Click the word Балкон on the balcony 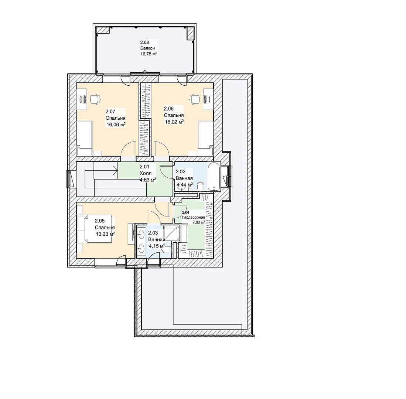pyautogui.click(x=148, y=48)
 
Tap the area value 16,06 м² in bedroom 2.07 pyautogui.click(x=116, y=125)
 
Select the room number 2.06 pyautogui.click(x=168, y=109)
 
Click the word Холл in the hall pyautogui.click(x=146, y=173)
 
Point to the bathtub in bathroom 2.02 pyautogui.click(x=214, y=177)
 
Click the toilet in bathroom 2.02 pyautogui.click(x=200, y=187)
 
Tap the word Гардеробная pyautogui.click(x=194, y=218)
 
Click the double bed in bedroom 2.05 pyautogui.click(x=95, y=229)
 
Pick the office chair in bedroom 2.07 pyautogui.click(x=95, y=99)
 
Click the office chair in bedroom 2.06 pyautogui.click(x=195, y=99)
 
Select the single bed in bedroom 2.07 pyautogui.click(x=84, y=139)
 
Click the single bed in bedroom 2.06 pyautogui.click(x=206, y=139)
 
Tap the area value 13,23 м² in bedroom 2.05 pyautogui.click(x=105, y=234)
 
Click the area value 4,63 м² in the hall pyautogui.click(x=148, y=180)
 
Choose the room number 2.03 pyautogui.click(x=153, y=233)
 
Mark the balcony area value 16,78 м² pyautogui.click(x=149, y=54)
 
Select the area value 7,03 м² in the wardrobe pyautogui.click(x=199, y=222)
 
